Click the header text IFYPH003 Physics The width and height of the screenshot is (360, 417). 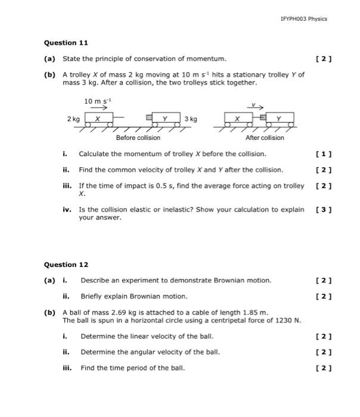303,19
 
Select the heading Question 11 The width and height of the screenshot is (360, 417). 66,43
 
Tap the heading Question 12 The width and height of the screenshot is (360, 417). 66,264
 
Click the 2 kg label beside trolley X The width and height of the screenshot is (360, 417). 74,119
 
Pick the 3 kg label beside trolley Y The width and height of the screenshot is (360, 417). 191,119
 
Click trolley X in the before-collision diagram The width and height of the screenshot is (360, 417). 98,119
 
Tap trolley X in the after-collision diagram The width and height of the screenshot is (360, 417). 237,119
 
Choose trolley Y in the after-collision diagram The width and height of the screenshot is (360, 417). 278,119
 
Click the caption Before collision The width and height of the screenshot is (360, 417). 138,138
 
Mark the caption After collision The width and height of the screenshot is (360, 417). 265,138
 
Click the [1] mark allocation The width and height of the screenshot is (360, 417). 325,154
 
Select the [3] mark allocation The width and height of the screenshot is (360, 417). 325,210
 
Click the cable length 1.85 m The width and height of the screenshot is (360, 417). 255,312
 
